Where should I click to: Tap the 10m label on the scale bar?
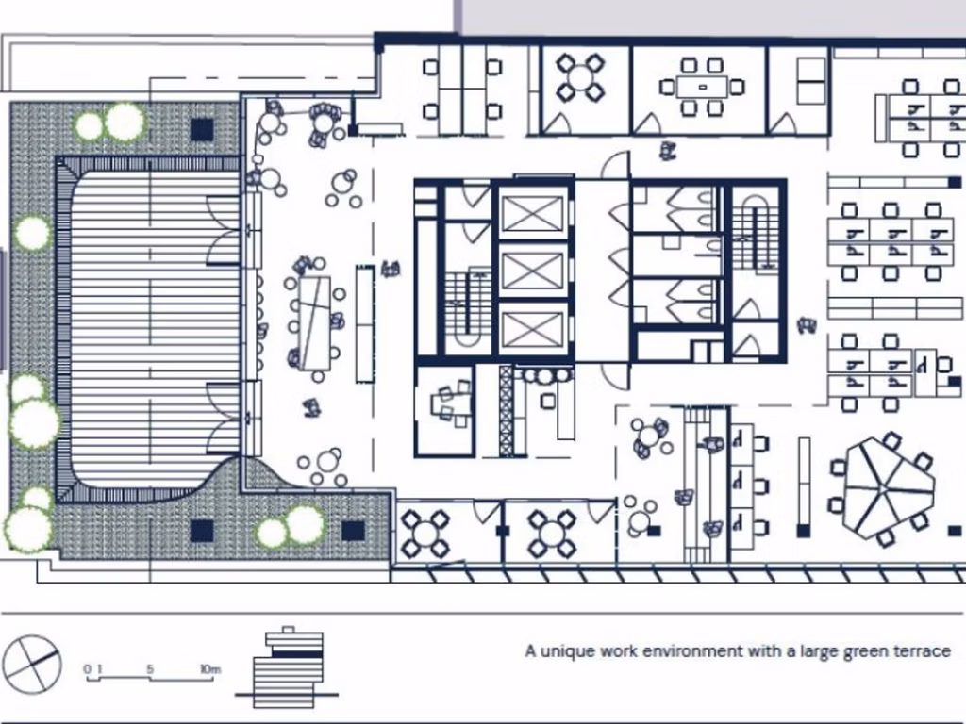pyautogui.click(x=209, y=669)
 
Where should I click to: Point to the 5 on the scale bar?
pyautogui.click(x=150, y=669)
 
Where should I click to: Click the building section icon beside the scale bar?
pyautogui.click(x=289, y=668)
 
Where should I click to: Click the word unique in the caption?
pyautogui.click(x=567, y=650)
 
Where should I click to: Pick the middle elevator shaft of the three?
pyautogui.click(x=533, y=271)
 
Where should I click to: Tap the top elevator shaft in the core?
pyautogui.click(x=533, y=213)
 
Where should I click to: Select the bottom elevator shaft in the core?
pyautogui.click(x=533, y=329)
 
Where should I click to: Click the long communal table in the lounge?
pyautogui.click(x=315, y=321)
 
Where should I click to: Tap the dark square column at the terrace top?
pyautogui.click(x=202, y=129)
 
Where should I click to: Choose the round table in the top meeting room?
pyautogui.click(x=579, y=77)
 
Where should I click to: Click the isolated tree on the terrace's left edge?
pyautogui.click(x=32, y=233)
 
